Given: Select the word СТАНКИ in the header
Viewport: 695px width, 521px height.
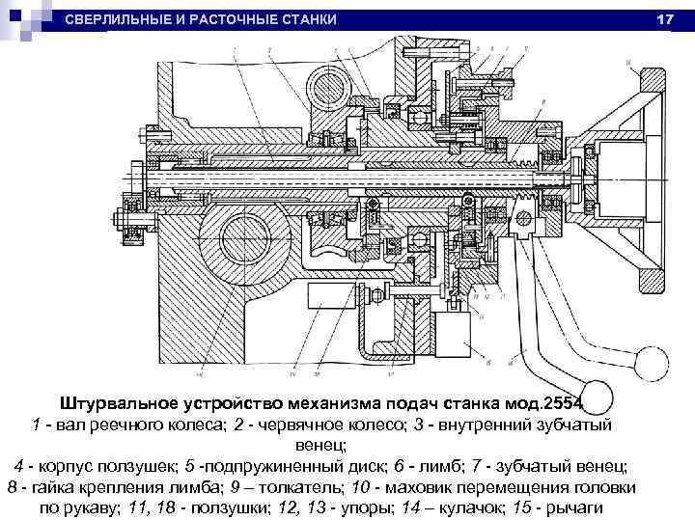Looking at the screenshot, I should [x=308, y=20].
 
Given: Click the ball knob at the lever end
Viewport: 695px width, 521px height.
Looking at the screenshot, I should [x=652, y=363].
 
